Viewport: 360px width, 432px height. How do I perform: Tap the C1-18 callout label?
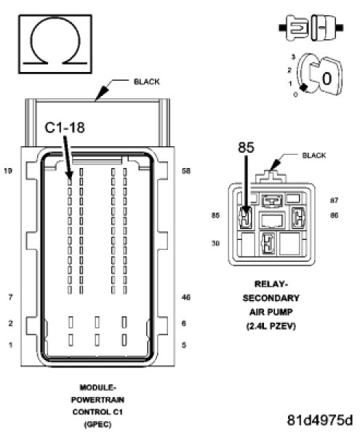click(65, 127)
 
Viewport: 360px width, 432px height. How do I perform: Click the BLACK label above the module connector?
click(146, 82)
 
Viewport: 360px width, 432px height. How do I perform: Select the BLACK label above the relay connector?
click(314, 156)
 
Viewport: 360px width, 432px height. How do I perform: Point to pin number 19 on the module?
click(8, 171)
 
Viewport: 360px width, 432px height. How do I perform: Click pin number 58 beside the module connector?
click(186, 171)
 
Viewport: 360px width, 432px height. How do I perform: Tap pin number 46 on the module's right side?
click(186, 297)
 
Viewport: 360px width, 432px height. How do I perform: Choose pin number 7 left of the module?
click(10, 297)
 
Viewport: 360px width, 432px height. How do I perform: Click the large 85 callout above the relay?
click(246, 147)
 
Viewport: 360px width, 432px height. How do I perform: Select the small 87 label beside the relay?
click(334, 200)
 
